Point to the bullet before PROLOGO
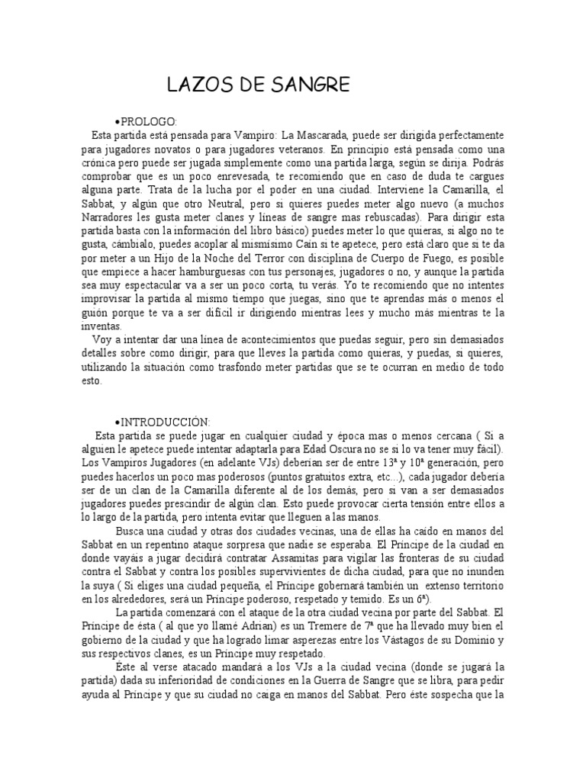[115, 121]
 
